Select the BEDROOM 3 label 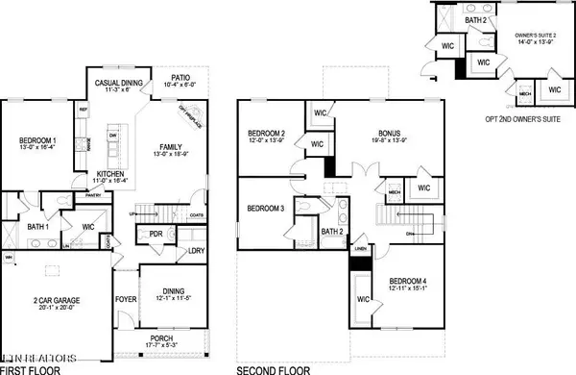(x=264, y=208)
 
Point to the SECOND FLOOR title (x=271, y=367)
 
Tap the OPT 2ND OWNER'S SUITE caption (x=504, y=120)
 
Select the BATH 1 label (x=39, y=226)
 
